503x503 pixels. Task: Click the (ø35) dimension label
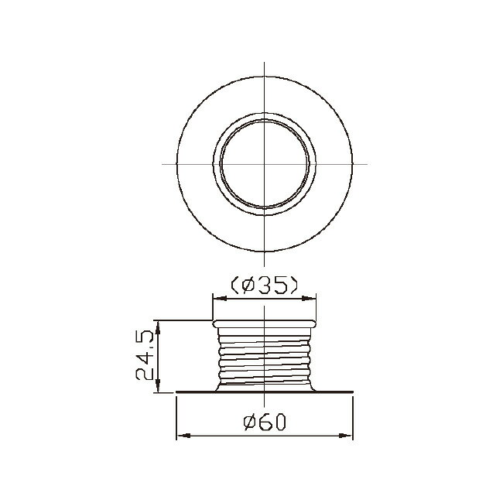(265, 285)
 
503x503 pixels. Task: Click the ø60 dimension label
(265, 423)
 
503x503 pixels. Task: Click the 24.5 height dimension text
(145, 355)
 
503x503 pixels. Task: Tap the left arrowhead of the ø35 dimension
(220, 299)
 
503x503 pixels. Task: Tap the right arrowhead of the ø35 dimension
(309, 299)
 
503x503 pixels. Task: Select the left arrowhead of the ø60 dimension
(184, 436)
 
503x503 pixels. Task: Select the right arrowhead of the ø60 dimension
(346, 436)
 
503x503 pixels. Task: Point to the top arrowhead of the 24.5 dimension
(158, 327)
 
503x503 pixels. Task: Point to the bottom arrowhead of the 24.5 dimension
(158, 385)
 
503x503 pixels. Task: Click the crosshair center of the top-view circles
(265, 164)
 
